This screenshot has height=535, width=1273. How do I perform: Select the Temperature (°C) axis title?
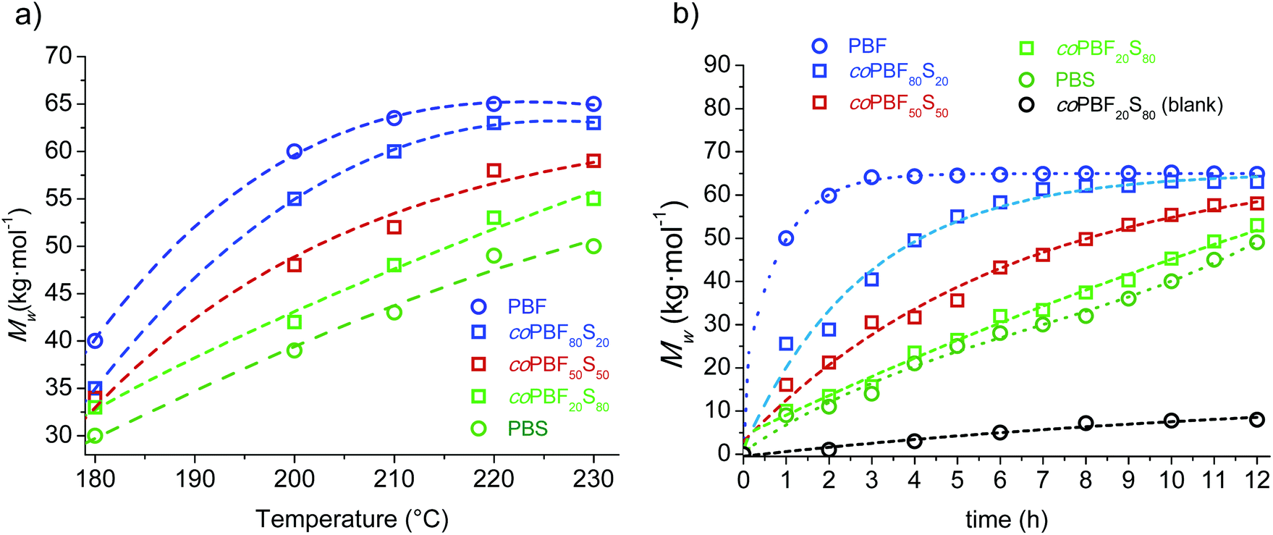[352, 518]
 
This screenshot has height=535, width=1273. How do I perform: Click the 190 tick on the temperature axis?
[195, 479]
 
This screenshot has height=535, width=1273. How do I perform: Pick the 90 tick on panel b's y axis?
[718, 65]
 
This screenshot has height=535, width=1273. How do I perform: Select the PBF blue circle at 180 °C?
[95, 340]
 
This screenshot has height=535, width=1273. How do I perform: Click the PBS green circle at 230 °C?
[593, 246]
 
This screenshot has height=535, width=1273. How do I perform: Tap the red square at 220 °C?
[494, 170]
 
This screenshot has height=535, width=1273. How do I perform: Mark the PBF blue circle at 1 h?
[786, 238]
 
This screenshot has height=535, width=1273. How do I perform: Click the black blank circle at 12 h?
[1257, 419]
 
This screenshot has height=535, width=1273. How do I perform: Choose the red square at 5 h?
[957, 300]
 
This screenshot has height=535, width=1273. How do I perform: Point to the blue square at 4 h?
[915, 240]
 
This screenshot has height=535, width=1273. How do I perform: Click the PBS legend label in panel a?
[528, 429]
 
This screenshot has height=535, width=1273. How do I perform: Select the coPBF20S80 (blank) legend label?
[1140, 106]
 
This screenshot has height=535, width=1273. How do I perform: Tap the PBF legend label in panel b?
[867, 46]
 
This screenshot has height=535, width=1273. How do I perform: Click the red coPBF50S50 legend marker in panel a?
[478, 364]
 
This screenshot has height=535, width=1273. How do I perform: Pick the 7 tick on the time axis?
[1043, 479]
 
